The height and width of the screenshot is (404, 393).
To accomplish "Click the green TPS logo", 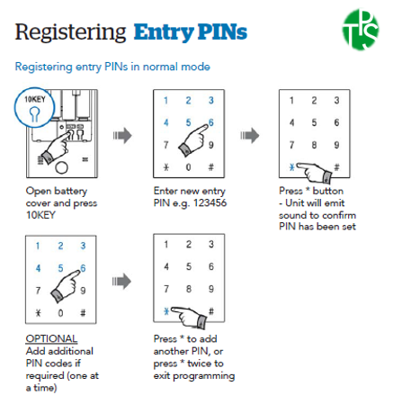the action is coord(361,29).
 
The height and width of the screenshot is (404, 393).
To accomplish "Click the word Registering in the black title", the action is coord(70,32).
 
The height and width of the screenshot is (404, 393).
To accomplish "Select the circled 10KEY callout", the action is coord(34,108).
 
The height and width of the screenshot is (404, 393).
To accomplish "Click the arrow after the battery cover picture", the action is coord(122,136).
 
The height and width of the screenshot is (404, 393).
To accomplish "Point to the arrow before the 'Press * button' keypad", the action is coord(249,136).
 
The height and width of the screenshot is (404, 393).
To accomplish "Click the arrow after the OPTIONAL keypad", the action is coord(121,282).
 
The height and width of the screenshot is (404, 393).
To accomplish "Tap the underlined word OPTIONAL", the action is coord(51,339).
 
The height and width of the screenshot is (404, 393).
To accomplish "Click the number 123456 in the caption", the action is coord(210,203).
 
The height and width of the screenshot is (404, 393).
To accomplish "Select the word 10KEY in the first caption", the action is coord(40,215).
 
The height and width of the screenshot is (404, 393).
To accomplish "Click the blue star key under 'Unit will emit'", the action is coord(292,167).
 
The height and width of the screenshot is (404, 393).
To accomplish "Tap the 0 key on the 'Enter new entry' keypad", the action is coord(188,167).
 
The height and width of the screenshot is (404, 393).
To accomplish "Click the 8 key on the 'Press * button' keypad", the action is coord(314,145).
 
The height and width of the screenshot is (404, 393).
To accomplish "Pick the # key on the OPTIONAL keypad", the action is coord(83,313).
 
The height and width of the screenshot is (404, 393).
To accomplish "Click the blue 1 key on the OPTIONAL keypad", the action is coord(38,246).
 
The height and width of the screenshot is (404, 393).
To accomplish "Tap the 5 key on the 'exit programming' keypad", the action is coord(189,266).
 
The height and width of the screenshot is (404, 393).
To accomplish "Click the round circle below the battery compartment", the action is coord(62,167).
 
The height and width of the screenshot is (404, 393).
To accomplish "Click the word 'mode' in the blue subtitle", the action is coord(195,67).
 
